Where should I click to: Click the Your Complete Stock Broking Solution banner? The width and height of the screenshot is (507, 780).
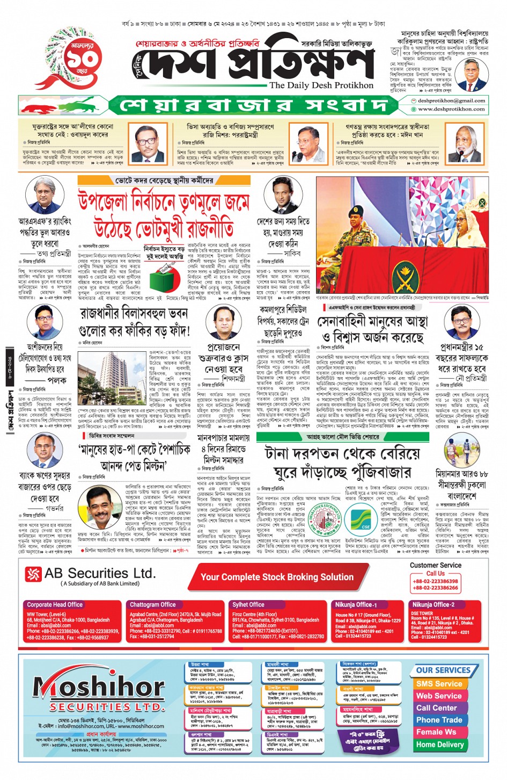(x=277, y=577)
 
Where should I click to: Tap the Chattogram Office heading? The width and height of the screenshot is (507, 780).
(x=152, y=604)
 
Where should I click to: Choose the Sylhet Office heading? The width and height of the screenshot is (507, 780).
(x=248, y=604)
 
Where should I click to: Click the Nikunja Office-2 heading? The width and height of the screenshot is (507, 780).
(x=433, y=604)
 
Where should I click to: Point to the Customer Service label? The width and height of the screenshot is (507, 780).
(x=435, y=565)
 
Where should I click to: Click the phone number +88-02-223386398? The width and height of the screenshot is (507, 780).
(x=435, y=581)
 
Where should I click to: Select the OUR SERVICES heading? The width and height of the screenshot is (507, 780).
(x=443, y=670)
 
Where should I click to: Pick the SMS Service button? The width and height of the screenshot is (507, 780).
(x=439, y=684)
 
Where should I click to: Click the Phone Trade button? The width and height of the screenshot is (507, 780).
(x=439, y=720)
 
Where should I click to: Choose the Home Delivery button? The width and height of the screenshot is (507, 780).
(x=439, y=745)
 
